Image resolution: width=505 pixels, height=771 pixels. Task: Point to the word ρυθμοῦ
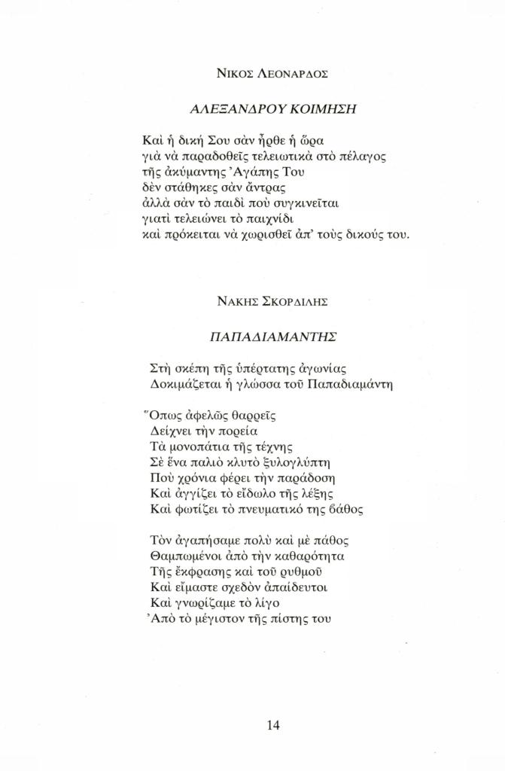coord(282,572)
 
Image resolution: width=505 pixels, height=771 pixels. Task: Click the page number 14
coord(273,726)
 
